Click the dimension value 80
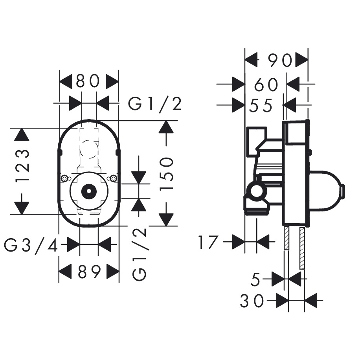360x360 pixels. pyautogui.click(x=89, y=82)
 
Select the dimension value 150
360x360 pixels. pyautogui.click(x=167, y=173)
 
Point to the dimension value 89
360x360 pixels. pyautogui.click(x=89, y=271)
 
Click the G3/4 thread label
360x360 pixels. pyautogui.click(x=31, y=246)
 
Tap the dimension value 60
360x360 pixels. pyautogui.click(x=266, y=84)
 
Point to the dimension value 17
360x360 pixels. pyautogui.click(x=208, y=242)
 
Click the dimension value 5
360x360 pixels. pyautogui.click(x=256, y=280)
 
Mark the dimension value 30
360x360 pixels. pyautogui.click(x=252, y=301)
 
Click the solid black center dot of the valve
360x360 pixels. pyautogui.click(x=89, y=191)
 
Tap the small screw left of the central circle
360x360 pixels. pyautogui.click(x=64, y=179)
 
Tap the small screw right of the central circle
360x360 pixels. pyautogui.click(x=114, y=179)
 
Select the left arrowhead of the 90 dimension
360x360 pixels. pyautogui.click(x=252, y=61)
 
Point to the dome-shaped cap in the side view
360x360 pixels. pyautogui.click(x=326, y=191)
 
